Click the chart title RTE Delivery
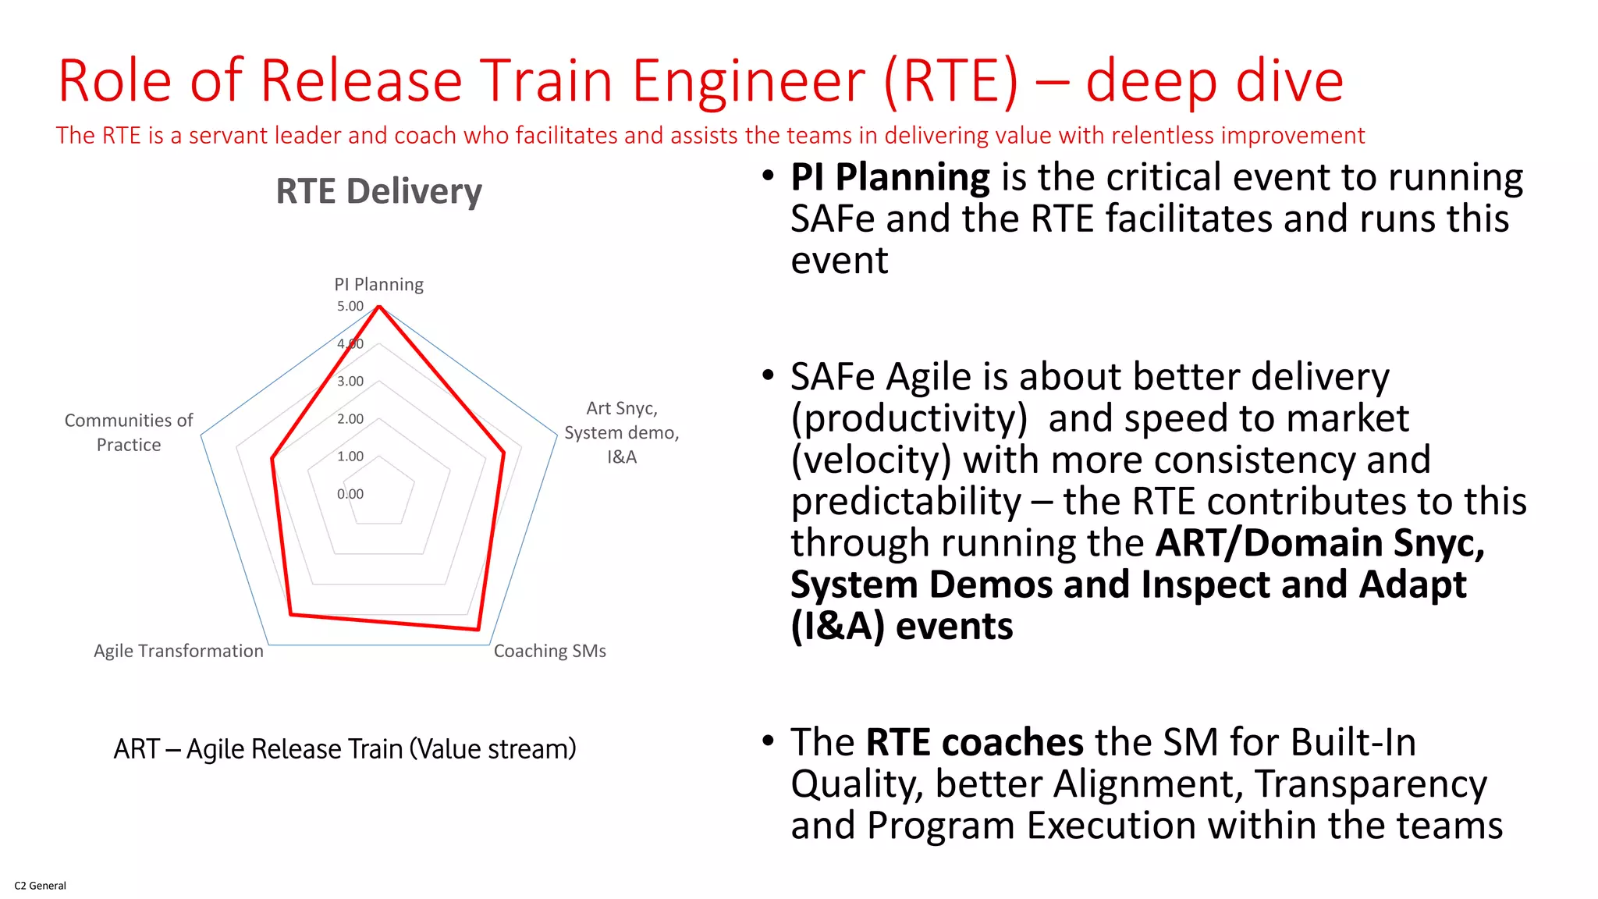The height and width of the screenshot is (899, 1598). click(378, 191)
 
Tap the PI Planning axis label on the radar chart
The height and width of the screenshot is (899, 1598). click(378, 284)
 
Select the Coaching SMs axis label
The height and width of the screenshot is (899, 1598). click(549, 651)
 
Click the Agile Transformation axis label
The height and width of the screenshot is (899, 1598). click(179, 651)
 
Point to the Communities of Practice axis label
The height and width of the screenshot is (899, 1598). click(129, 432)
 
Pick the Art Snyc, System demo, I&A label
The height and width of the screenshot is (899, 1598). click(621, 432)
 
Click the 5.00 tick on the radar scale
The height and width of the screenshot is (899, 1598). click(350, 306)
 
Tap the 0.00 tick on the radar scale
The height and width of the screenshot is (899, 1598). click(350, 494)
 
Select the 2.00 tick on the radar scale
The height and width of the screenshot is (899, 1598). click(350, 419)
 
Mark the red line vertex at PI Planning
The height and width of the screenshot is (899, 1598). click(379, 307)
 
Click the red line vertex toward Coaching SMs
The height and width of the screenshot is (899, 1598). click(478, 629)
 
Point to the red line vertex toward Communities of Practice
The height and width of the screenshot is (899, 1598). click(272, 459)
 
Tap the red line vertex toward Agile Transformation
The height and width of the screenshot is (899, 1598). click(291, 615)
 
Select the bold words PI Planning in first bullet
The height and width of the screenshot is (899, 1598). click(890, 177)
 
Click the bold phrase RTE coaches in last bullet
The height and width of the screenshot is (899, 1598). click(974, 741)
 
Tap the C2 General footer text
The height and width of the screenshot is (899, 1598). click(40, 886)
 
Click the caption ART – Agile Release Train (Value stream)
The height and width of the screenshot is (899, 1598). click(345, 749)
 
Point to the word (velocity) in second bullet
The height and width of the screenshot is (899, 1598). click(870, 460)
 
